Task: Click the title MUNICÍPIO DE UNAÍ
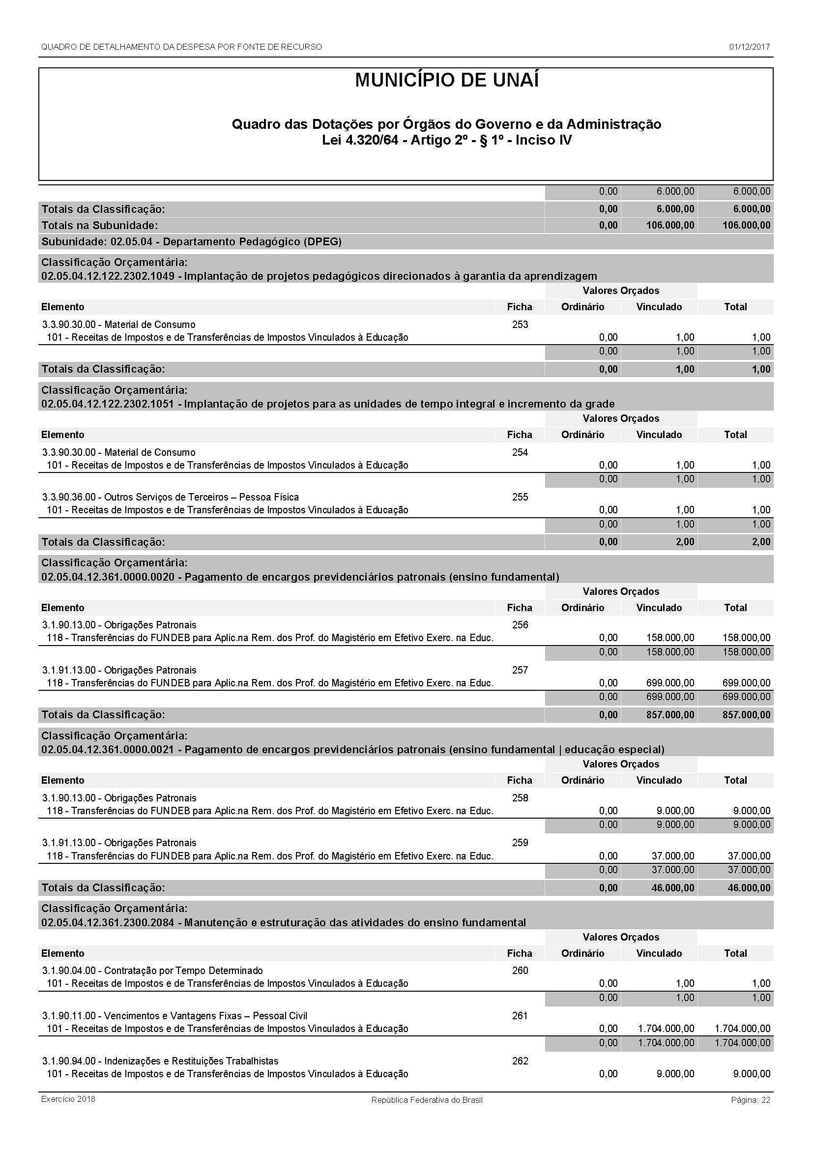[446, 81]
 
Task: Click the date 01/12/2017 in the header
[749, 47]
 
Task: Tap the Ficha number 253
[520, 324]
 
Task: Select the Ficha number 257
[520, 670]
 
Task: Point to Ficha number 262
[520, 1061]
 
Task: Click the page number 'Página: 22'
[750, 1100]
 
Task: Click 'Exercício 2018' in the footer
[68, 1099]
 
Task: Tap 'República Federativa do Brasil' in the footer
[427, 1100]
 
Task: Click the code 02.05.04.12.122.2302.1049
[108, 276]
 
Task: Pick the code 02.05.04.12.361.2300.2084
[108, 922]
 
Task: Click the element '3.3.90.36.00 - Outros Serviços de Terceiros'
[170, 498]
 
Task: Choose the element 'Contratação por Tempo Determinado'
[183, 971]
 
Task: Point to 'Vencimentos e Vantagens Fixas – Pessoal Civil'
[205, 1016]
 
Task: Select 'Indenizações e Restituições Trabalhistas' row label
[191, 1061]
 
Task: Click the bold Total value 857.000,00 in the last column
[746, 715]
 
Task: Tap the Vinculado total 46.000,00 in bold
[670, 888]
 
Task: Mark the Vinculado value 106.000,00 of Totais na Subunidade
[670, 225]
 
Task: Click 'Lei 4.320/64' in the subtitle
[360, 140]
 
